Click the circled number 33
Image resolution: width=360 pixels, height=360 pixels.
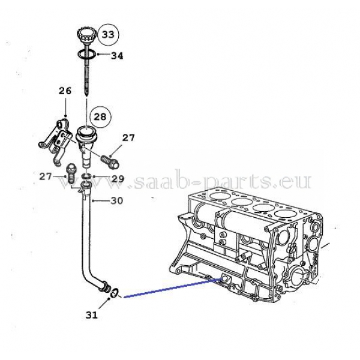coord(108,35)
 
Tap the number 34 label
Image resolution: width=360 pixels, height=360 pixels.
coord(117,56)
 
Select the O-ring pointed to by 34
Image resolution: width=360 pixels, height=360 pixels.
coord(86,55)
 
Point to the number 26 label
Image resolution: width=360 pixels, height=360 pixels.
coord(65,91)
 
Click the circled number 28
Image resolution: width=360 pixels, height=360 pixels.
coord(100,117)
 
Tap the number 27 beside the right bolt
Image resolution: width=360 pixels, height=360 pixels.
coord(128,138)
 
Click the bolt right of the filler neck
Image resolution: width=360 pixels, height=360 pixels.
coord(110,161)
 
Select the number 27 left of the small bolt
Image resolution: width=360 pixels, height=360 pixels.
coord(46,176)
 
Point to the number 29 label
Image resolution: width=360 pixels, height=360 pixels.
coord(118,179)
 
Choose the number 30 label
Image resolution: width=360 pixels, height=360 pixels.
coord(117,200)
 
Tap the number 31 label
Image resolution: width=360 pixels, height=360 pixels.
coord(92,315)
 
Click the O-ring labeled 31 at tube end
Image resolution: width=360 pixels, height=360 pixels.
coord(115,293)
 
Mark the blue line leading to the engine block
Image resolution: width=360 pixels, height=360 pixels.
coord(172,288)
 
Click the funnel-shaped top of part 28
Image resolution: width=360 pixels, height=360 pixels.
coord(85,133)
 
